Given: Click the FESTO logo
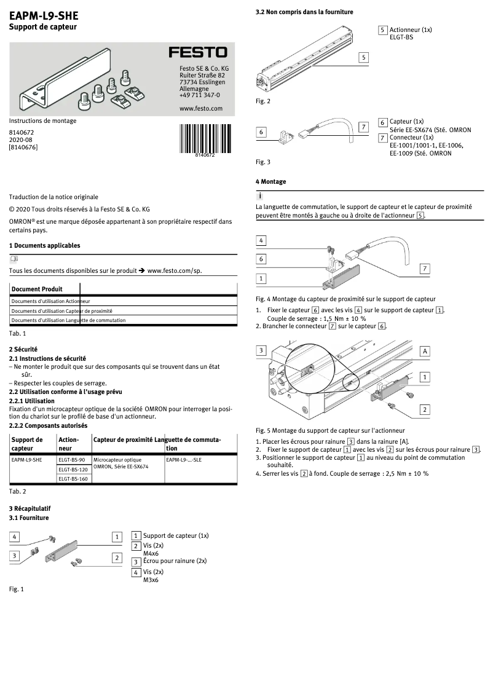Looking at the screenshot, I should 198,53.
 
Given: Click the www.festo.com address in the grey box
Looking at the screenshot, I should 200,108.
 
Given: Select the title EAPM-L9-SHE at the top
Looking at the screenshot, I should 44,15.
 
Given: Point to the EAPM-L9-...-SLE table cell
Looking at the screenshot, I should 183,460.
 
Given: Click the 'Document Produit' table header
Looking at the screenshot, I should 37,289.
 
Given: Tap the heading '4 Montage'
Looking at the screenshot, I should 270,182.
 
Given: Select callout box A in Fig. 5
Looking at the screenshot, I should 425,351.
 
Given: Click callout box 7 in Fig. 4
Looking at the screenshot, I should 425,269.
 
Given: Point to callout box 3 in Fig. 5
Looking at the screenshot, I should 261,350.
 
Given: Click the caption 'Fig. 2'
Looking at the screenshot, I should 262,101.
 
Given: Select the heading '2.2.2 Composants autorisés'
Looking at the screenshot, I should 47,425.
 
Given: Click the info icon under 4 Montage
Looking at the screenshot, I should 260,195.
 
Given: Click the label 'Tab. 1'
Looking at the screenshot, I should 17,333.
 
